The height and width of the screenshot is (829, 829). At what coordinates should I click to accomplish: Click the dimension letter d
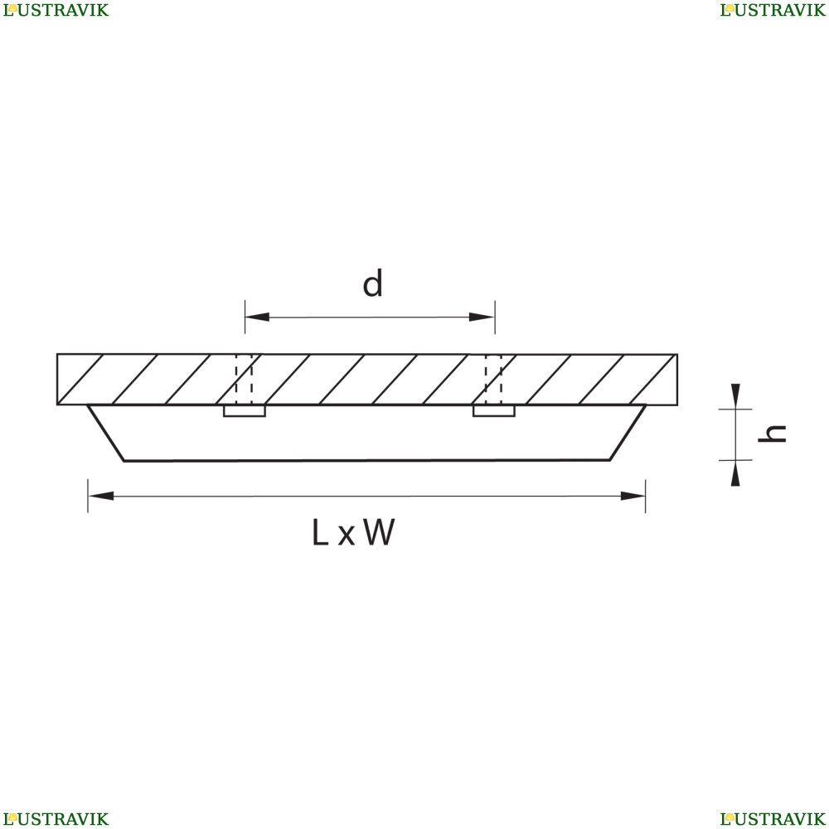pyautogui.click(x=373, y=284)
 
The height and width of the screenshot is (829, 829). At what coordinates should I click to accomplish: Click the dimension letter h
pyautogui.click(x=774, y=433)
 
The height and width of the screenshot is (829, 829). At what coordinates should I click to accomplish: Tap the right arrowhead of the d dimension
pyautogui.click(x=482, y=317)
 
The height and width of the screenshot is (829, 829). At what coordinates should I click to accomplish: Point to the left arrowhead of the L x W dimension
pyautogui.click(x=100, y=496)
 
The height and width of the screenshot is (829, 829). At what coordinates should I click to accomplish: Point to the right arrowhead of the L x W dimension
pyautogui.click(x=633, y=496)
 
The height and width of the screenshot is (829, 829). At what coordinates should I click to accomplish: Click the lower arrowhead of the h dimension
pyautogui.click(x=735, y=475)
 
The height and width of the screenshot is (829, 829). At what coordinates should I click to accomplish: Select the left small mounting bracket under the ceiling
pyautogui.click(x=245, y=410)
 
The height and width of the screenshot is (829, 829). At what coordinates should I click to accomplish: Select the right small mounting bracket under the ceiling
pyautogui.click(x=494, y=410)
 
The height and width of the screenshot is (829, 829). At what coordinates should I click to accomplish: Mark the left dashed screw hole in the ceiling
pyautogui.click(x=245, y=380)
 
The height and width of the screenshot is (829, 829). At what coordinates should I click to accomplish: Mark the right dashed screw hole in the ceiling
pyautogui.click(x=494, y=380)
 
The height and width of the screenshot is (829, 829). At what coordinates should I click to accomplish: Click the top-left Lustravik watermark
pyautogui.click(x=55, y=10)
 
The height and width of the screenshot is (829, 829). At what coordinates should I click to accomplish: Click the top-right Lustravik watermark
pyautogui.click(x=773, y=10)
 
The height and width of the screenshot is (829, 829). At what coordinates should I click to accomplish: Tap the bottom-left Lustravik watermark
pyautogui.click(x=55, y=819)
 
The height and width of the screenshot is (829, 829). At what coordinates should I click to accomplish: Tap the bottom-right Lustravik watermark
pyautogui.click(x=773, y=819)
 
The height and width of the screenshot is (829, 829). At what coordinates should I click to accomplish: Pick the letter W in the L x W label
pyautogui.click(x=379, y=533)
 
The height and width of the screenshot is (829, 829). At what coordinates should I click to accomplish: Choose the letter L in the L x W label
pyautogui.click(x=320, y=533)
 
